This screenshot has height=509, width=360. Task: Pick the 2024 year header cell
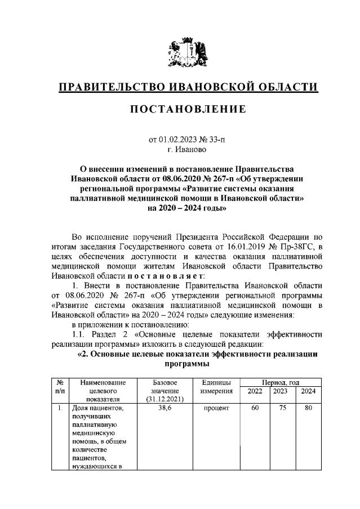coord(308,391)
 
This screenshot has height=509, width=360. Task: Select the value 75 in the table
coord(281,407)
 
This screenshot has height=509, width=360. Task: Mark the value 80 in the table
coord(308,407)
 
